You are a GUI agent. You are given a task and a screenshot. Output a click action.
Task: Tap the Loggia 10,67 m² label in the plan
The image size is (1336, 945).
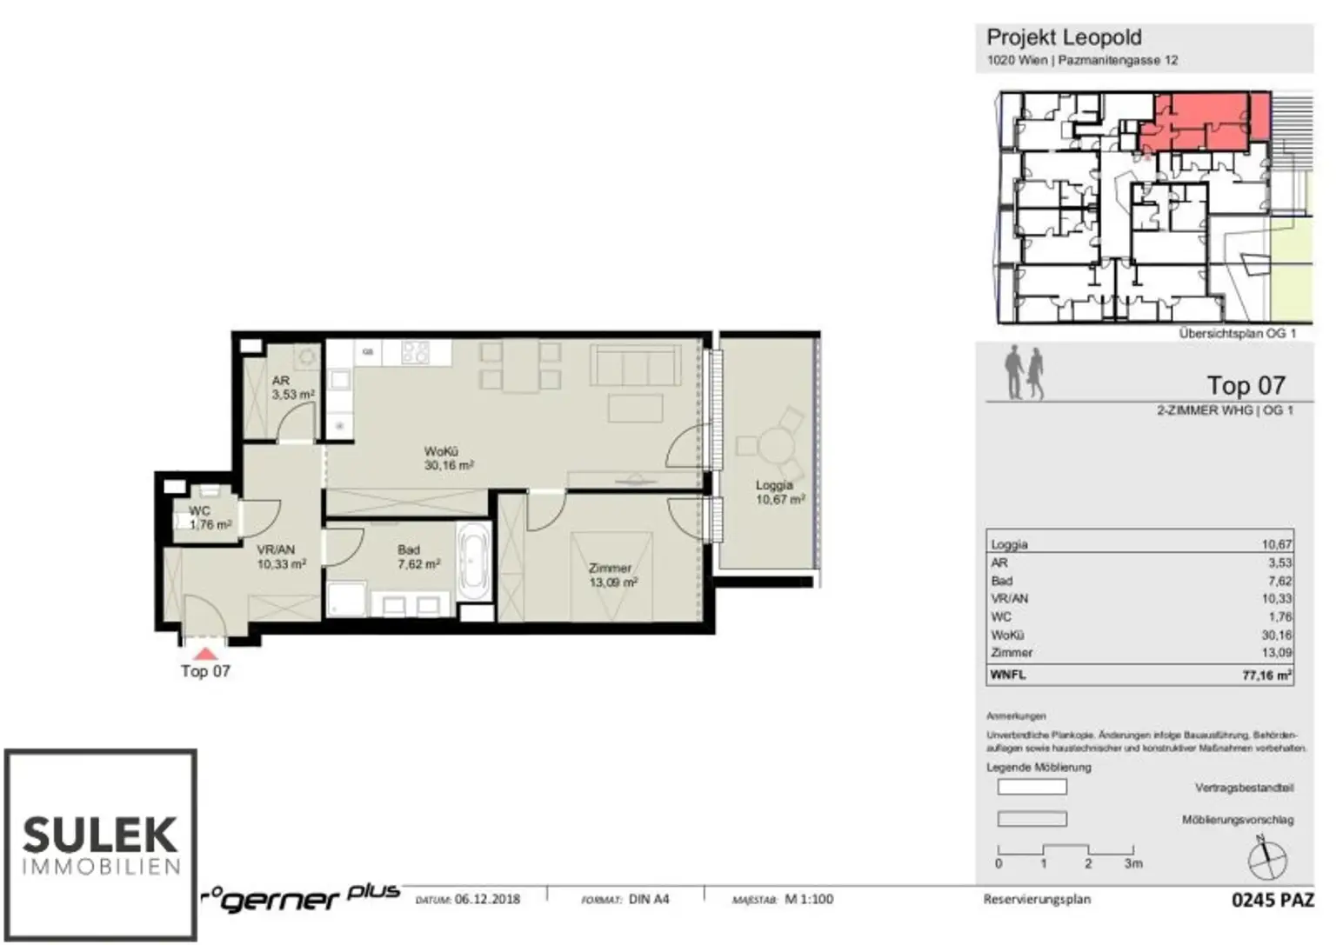click(778, 492)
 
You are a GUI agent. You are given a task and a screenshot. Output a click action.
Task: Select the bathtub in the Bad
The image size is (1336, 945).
click(474, 560)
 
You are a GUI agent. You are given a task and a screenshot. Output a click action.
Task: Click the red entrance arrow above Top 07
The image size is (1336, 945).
click(205, 654)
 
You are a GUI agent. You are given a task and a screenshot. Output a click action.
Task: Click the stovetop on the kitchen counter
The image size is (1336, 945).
click(416, 352)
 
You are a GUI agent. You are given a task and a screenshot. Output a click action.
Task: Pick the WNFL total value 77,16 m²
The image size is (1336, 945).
click(1266, 675)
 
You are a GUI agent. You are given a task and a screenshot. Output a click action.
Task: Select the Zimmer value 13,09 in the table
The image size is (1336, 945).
click(1277, 652)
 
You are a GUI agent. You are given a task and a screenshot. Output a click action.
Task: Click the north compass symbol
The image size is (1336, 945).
click(1266, 858)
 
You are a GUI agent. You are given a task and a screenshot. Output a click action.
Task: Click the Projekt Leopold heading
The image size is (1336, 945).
click(1063, 37)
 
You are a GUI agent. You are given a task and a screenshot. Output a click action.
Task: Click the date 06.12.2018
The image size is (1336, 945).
click(487, 899)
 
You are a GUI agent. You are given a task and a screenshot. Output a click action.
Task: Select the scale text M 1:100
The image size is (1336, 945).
click(808, 899)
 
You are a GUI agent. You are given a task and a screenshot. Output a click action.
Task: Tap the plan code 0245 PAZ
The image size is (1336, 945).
click(1272, 900)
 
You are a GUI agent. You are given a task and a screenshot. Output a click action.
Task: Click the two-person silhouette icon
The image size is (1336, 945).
click(1024, 373)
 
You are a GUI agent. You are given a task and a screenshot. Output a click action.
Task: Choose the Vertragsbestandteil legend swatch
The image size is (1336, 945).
click(1032, 788)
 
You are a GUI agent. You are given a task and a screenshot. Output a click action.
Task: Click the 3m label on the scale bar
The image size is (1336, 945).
click(1132, 863)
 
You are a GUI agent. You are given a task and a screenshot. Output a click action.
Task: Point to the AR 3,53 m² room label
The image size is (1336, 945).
click(291, 388)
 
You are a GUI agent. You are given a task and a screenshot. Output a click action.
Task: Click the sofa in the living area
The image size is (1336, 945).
click(635, 365)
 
